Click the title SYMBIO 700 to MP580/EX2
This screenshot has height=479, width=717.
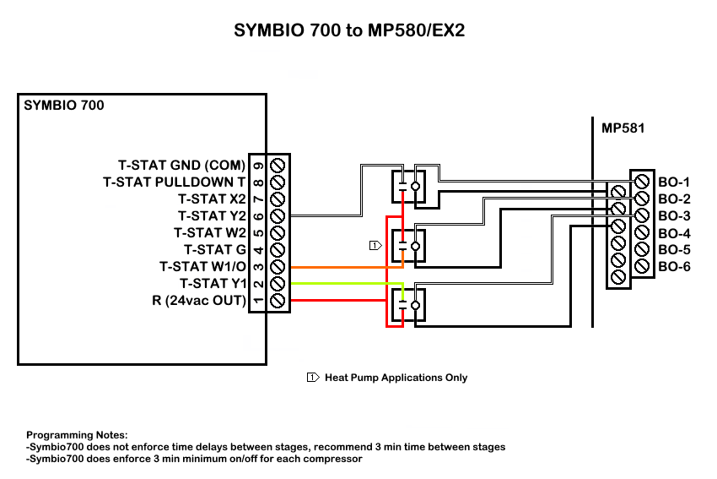[x=349, y=32]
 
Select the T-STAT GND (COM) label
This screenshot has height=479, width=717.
[x=181, y=165]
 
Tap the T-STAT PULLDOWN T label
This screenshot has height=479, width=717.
[x=174, y=182]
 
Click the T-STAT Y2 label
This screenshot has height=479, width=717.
[x=212, y=215]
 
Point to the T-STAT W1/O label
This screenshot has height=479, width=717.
[x=202, y=266]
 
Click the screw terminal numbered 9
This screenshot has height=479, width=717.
[x=278, y=165]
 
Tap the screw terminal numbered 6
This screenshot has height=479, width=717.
[x=278, y=215]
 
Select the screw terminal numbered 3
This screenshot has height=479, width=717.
[x=278, y=266]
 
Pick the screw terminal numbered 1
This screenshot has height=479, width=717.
[x=278, y=300]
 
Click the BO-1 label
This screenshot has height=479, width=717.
[x=674, y=182]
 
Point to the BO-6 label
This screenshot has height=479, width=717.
[x=674, y=267]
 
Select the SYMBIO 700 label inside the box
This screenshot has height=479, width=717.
[x=64, y=106]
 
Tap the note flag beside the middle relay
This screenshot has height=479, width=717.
[x=375, y=245]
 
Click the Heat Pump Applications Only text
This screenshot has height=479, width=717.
[x=396, y=378]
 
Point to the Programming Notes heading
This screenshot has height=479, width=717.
[x=77, y=433]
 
